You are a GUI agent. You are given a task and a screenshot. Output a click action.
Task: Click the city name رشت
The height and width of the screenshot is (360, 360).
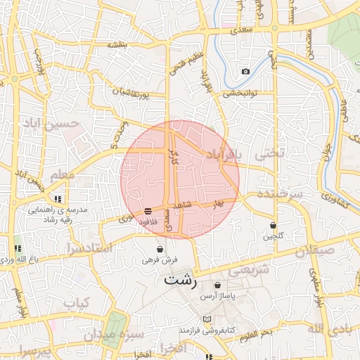pos(181,279)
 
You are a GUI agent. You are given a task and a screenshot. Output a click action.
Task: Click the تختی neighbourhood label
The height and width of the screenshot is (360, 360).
pos(269,152)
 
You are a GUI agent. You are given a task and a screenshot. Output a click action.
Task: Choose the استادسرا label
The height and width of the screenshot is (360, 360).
pos(89,248)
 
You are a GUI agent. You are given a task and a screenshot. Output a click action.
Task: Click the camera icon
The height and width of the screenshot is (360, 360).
pos(245,72)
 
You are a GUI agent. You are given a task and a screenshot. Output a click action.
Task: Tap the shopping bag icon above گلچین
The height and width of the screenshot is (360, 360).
pos(273,225)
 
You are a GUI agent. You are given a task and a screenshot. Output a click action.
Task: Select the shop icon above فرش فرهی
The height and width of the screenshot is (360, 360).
pos(160,249)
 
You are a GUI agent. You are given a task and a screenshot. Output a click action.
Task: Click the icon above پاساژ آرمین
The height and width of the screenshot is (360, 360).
pos(217,285)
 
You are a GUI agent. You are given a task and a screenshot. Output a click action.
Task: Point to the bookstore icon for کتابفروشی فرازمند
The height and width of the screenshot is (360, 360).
pos(206,319)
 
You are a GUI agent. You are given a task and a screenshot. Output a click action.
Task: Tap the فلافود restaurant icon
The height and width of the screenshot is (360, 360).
pos(148,210)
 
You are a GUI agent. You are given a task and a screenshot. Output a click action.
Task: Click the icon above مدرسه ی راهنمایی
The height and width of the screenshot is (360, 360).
pos(66,199)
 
